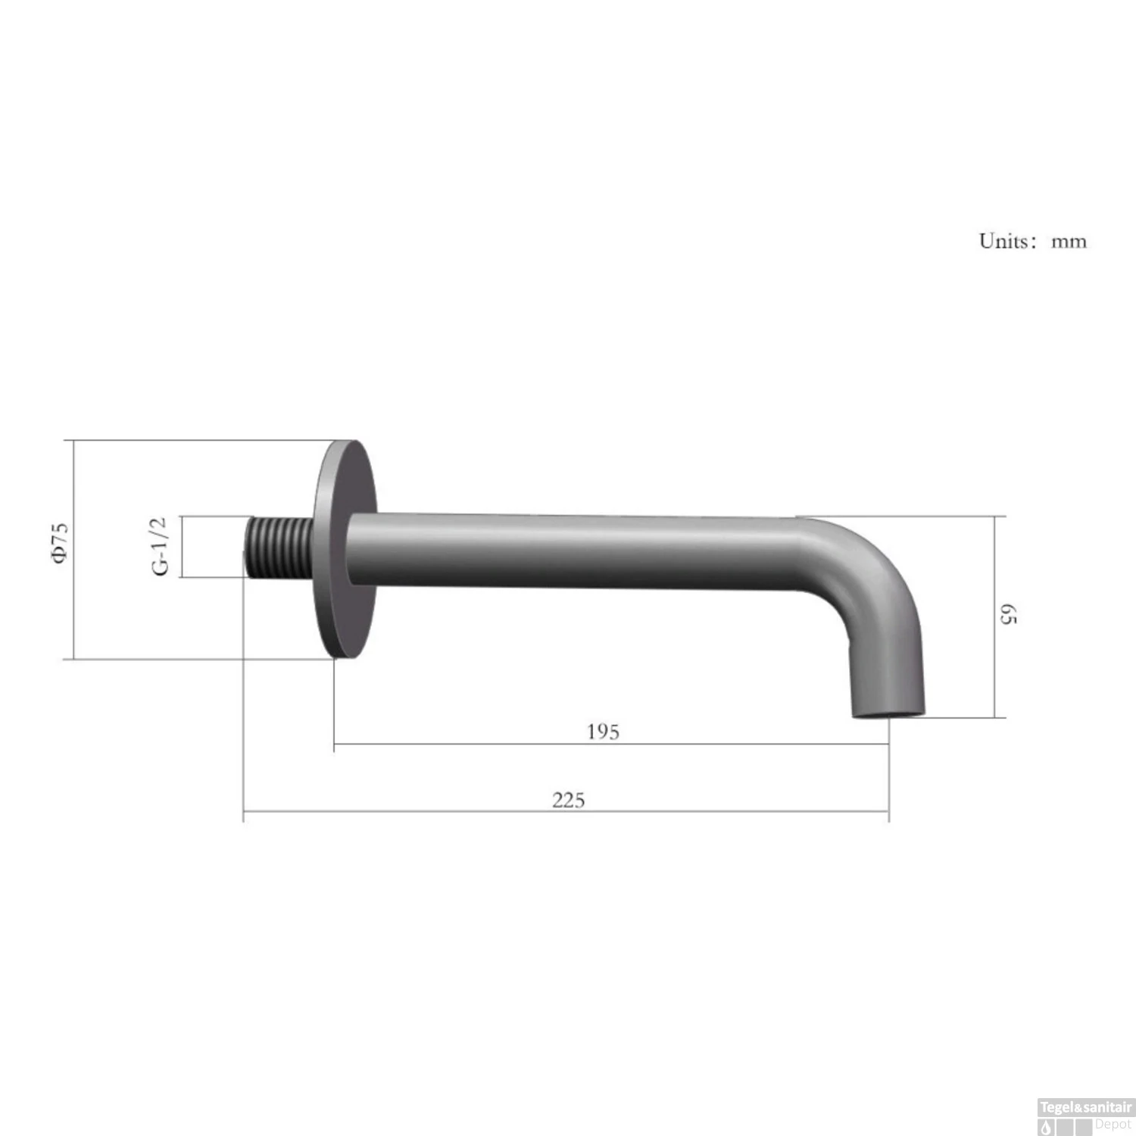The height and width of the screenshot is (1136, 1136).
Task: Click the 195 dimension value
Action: pyautogui.click(x=603, y=732)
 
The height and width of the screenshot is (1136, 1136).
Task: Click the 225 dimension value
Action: pyautogui.click(x=568, y=800)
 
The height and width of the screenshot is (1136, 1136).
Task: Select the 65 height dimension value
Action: pyautogui.click(x=1009, y=614)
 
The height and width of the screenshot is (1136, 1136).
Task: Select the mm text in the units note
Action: pyautogui.click(x=1068, y=242)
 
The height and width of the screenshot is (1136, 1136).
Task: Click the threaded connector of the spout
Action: pyautogui.click(x=278, y=547)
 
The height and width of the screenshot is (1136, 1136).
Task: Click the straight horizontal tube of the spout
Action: pyautogui.click(x=568, y=550)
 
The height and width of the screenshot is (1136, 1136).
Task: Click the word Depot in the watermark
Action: pyautogui.click(x=1113, y=1125)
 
